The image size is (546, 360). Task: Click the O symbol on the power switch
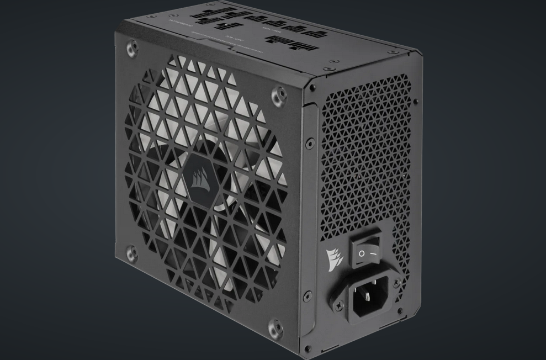[x=361, y=253]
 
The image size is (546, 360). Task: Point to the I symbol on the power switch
[x=373, y=252]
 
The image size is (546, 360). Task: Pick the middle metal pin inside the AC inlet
[x=369, y=294]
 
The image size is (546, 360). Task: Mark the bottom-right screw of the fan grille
[x=273, y=328]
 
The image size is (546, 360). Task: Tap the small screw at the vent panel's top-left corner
[x=314, y=88]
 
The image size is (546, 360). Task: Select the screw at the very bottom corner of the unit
[x=306, y=348]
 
